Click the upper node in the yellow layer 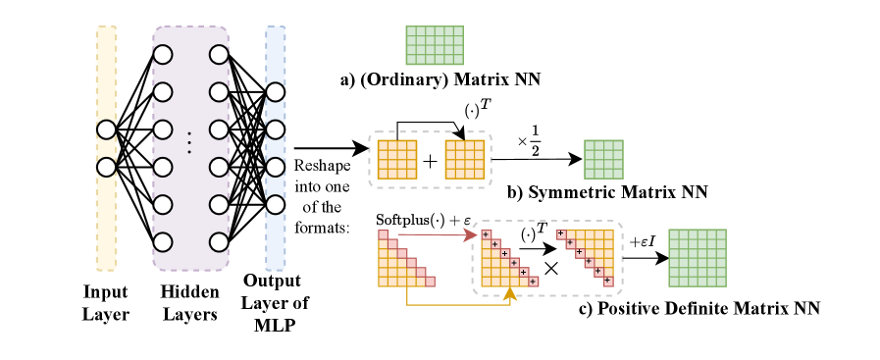(106, 129)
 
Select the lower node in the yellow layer (106, 167)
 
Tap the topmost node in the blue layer (275, 92)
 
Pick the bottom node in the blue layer (275, 204)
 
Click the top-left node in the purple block (163, 55)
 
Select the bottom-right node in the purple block (219, 241)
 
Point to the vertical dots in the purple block (189, 143)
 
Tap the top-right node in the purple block (219, 55)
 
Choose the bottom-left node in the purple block (163, 241)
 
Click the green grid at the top (435, 45)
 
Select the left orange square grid (397, 159)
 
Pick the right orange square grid (465, 159)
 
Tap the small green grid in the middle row (603, 159)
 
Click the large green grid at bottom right (698, 258)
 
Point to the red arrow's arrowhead (472, 235)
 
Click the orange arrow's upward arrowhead (510, 292)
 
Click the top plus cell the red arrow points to (486, 234)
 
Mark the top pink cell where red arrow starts (383, 234)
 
